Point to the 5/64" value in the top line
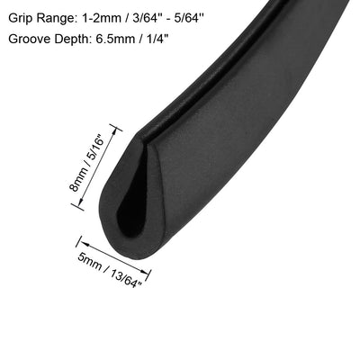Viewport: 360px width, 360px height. (x=188, y=19)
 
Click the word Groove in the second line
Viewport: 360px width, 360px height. (x=29, y=39)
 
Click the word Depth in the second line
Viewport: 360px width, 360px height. (x=70, y=40)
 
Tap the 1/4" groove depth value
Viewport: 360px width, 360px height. (x=155, y=39)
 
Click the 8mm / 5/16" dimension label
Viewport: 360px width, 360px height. (x=86, y=165)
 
